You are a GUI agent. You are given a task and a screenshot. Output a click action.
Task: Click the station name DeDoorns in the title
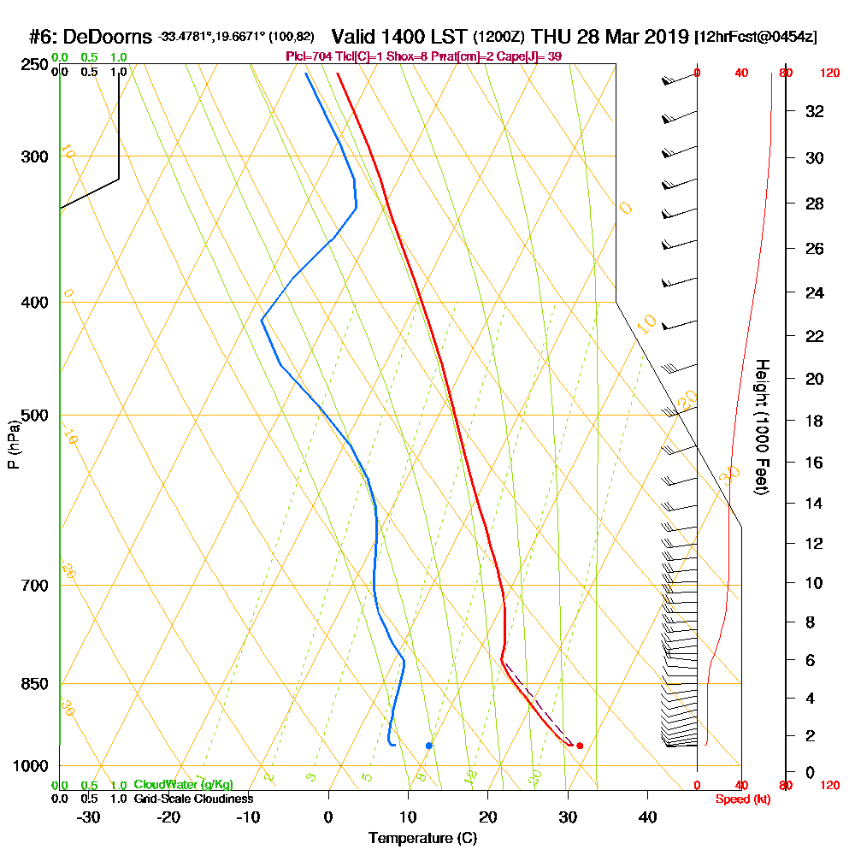click(109, 37)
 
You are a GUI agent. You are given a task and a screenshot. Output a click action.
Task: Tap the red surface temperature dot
click(580, 746)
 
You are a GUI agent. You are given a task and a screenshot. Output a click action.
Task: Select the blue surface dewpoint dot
click(429, 746)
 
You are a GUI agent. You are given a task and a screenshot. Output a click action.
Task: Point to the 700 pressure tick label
click(33, 586)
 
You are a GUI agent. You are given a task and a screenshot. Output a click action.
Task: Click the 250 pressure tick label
click(33, 64)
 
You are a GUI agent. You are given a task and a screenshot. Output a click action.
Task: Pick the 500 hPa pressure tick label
click(33, 416)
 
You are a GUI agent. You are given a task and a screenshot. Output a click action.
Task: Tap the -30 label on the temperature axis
click(89, 817)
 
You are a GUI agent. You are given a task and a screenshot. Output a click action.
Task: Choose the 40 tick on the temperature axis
click(647, 817)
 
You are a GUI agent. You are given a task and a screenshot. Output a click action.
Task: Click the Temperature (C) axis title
click(422, 839)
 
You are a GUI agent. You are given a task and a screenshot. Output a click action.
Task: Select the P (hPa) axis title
click(13, 444)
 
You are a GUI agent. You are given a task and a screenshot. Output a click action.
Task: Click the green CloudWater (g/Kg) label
click(183, 785)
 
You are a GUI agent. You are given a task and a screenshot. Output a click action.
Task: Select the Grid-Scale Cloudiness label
click(193, 799)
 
